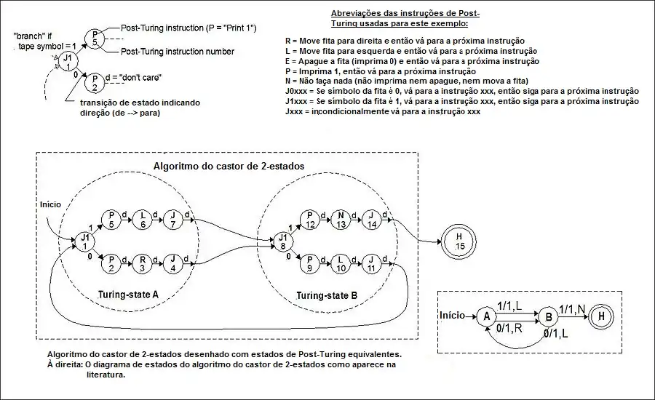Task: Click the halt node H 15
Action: click(458, 242)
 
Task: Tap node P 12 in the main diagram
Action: click(309, 220)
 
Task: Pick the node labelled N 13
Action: click(341, 220)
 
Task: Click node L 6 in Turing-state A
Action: click(143, 220)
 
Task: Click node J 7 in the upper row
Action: click(173, 220)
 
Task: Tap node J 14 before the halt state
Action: click(372, 220)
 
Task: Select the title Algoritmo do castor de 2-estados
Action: click(229, 166)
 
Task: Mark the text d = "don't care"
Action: click(132, 77)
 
